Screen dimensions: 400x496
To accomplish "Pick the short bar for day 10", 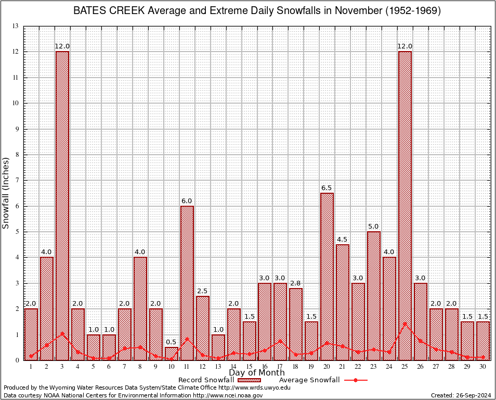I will [x=172, y=353].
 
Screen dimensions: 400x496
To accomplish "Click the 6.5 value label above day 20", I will [x=327, y=187].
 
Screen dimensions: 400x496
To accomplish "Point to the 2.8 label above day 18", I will [x=296, y=283].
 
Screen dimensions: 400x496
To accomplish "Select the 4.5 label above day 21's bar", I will [x=343, y=239].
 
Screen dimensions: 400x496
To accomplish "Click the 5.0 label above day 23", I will [x=374, y=226].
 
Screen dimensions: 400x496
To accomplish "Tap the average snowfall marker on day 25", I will [x=405, y=323].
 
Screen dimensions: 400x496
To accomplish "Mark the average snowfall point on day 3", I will [x=62, y=333].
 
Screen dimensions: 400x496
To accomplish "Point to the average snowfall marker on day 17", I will [x=280, y=341].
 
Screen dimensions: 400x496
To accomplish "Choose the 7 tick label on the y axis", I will [x=17, y=180].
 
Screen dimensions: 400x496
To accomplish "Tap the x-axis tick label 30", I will [x=483, y=366].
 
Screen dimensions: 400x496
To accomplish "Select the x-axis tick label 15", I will [x=249, y=366].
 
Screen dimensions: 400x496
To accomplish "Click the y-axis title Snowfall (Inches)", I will [x=6, y=193].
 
